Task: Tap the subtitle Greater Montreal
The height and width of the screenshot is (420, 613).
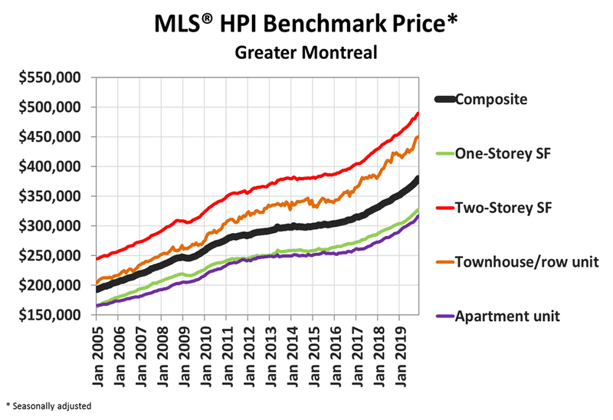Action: [x=307, y=54]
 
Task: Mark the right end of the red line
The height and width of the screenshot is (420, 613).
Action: [x=418, y=113]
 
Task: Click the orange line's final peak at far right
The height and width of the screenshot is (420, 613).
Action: [x=418, y=137]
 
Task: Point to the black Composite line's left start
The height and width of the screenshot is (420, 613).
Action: [x=97, y=290]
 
